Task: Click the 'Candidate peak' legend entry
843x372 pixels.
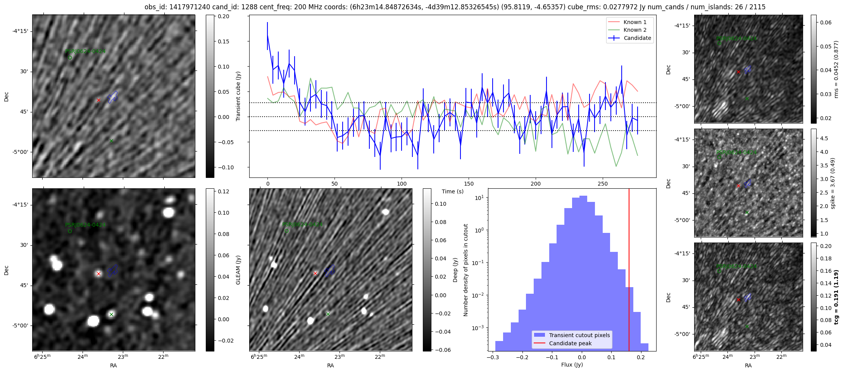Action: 570,343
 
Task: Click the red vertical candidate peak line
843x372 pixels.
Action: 629,252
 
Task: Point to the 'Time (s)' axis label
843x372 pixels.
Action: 453,191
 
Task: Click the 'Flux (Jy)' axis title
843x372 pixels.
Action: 572,365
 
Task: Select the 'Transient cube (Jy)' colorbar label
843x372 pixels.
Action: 238,96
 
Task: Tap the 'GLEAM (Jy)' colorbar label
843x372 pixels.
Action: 238,270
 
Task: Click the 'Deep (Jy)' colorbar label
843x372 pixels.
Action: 455,270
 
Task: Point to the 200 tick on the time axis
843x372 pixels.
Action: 535,184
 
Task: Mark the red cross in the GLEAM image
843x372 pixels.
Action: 98,274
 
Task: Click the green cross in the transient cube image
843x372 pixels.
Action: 111,141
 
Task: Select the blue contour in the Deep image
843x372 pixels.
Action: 330,271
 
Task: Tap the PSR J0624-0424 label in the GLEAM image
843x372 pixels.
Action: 85,225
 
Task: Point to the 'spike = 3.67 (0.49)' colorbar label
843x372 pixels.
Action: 833,183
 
